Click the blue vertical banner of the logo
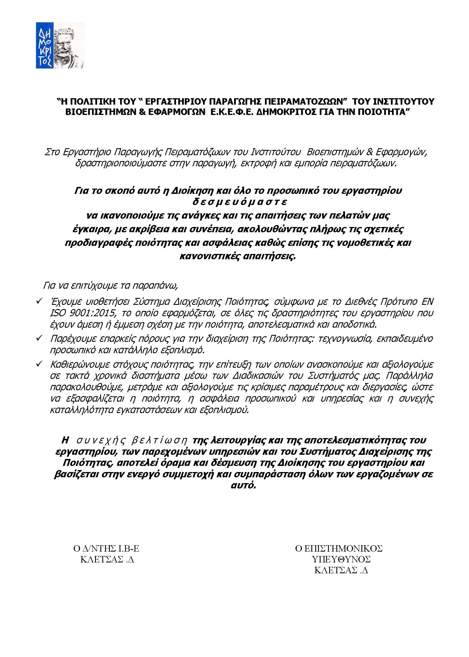pos(45,45)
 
